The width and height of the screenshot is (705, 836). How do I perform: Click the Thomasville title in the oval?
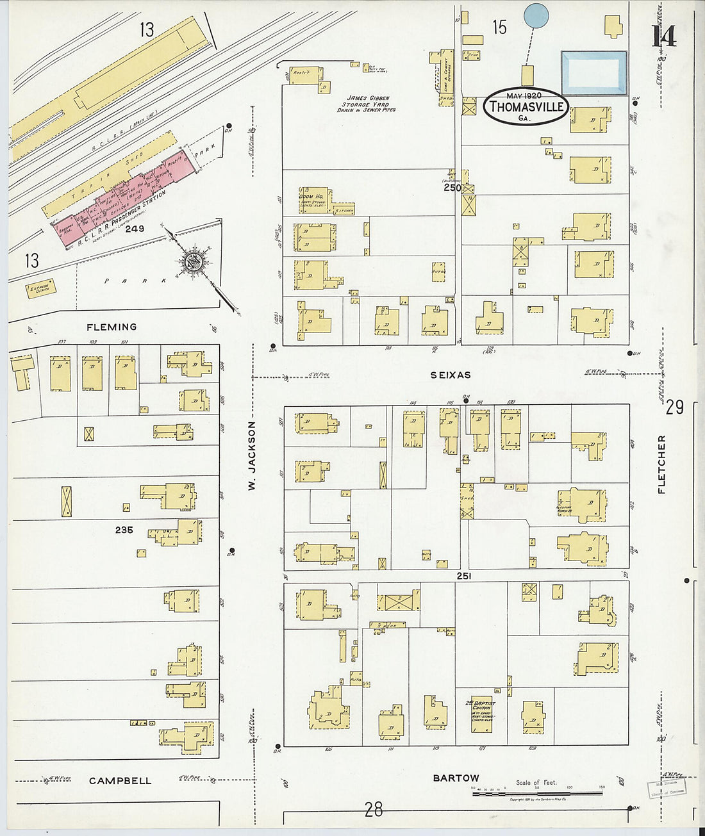click(x=526, y=107)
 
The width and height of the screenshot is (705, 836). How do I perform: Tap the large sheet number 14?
click(x=664, y=37)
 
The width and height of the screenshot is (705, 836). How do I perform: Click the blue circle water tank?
click(x=536, y=15)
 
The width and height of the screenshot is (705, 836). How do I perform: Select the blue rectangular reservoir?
click(x=593, y=73)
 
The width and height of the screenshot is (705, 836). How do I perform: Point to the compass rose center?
click(x=192, y=261)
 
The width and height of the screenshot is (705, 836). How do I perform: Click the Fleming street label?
click(x=112, y=327)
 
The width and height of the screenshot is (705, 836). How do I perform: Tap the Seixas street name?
click(x=451, y=375)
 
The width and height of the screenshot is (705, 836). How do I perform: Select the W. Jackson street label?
click(x=252, y=455)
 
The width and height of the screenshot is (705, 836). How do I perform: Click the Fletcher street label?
click(x=661, y=464)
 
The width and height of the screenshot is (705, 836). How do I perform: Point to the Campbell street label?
click(x=120, y=781)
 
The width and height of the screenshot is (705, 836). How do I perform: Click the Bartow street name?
click(x=456, y=778)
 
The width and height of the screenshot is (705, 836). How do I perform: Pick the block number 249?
click(x=135, y=229)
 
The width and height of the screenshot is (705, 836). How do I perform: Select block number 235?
click(x=124, y=530)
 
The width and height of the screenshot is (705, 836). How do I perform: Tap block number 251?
click(x=464, y=577)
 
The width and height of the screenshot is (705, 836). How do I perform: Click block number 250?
click(x=452, y=188)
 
